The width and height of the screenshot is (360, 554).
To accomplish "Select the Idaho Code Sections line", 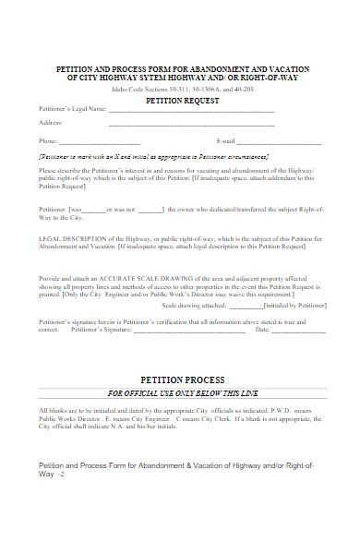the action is coord(181,90).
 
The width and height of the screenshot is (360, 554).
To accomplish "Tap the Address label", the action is coord(51,123).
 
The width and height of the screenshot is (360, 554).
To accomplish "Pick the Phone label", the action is coord(48,141).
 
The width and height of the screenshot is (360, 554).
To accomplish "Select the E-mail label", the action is coord(226,141).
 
